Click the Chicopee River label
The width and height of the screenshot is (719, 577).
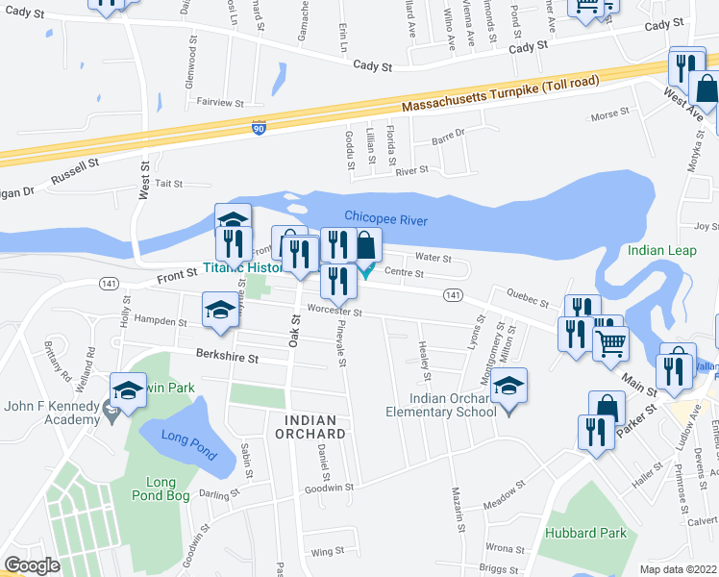pos(385,219)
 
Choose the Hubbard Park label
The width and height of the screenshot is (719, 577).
pos(585,533)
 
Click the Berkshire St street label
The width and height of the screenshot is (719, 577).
pos(228,358)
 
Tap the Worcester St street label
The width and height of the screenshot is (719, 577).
pos(335,312)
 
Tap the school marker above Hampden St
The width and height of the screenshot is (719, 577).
pos(219,311)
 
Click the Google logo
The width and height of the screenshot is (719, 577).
pos(32,564)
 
